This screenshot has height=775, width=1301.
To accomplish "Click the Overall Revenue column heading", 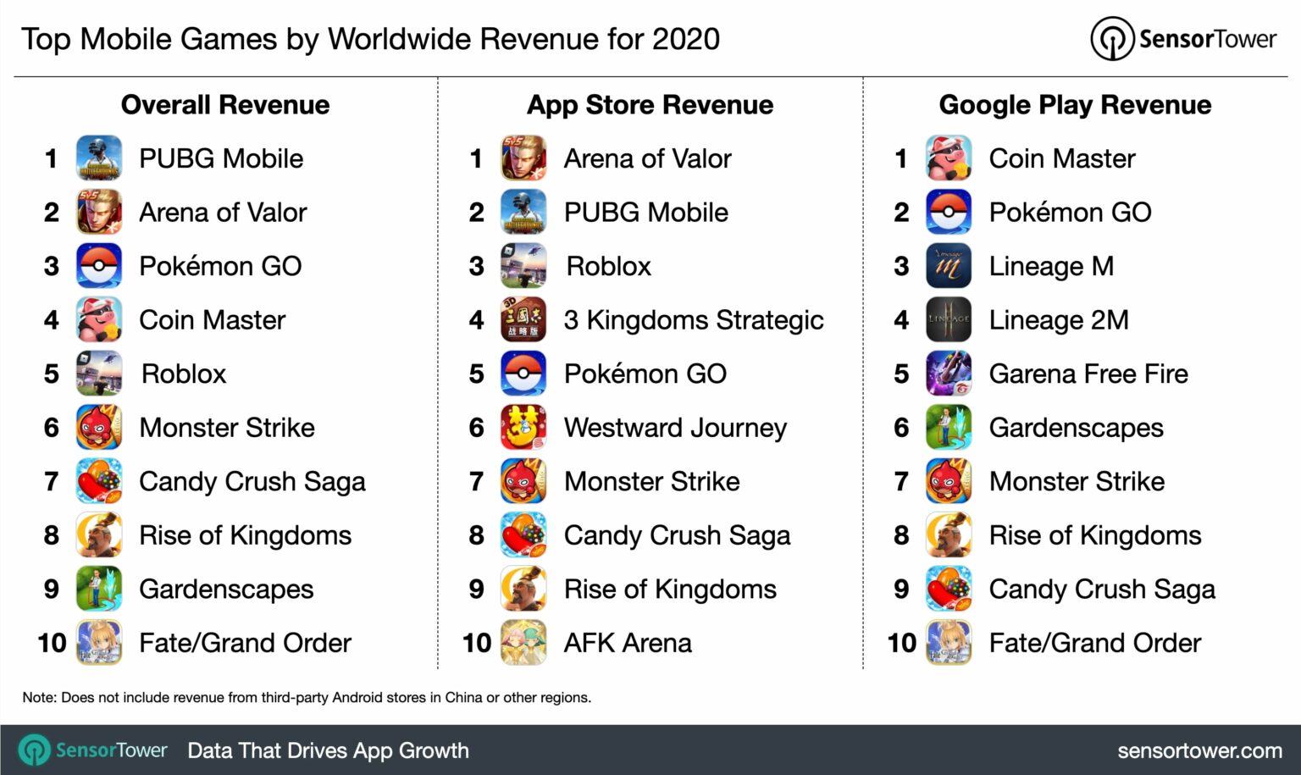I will click(225, 105).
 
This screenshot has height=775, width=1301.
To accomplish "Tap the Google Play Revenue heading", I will click(1075, 105).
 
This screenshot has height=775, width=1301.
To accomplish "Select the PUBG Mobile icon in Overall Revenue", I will click(99, 158).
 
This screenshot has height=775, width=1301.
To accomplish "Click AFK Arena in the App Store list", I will click(628, 643).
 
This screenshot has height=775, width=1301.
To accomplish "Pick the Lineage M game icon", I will click(949, 266).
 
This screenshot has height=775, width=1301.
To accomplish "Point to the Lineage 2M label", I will click(1059, 320).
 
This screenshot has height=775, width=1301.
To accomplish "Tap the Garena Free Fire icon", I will click(949, 374).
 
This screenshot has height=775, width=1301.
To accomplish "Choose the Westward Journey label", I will click(675, 428).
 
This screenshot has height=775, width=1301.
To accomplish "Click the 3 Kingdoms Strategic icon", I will click(523, 320).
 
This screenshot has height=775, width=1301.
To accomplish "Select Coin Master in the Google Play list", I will click(1062, 158).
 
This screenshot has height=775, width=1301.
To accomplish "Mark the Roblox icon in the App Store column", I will click(523, 266).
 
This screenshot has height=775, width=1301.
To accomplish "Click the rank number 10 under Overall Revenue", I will click(52, 643).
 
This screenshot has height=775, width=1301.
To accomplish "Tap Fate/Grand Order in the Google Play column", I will click(1094, 643).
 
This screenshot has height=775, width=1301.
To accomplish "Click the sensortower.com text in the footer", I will click(1199, 750).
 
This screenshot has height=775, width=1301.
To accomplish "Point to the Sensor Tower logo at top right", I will click(1183, 39).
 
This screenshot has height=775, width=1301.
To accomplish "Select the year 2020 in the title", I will click(685, 39).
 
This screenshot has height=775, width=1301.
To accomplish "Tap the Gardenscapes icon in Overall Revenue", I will click(99, 589).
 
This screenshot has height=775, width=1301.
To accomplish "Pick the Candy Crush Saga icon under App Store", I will click(523, 535).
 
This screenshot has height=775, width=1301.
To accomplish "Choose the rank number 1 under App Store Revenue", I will click(476, 158).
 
